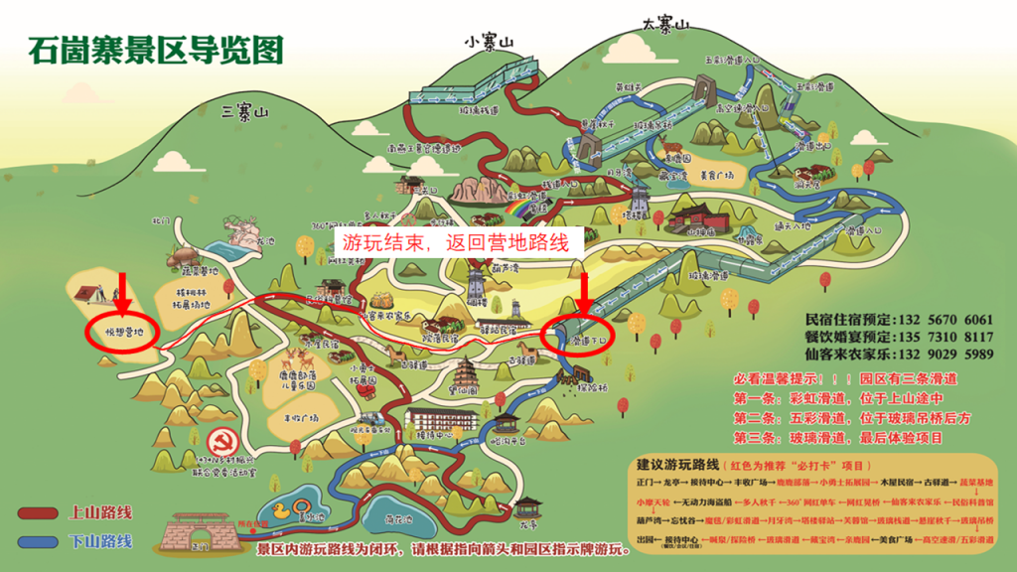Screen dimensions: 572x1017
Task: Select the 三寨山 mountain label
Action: pos(245,112)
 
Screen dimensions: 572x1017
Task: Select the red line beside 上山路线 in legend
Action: pos(41,513)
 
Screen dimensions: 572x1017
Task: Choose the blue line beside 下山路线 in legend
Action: pos(41,541)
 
